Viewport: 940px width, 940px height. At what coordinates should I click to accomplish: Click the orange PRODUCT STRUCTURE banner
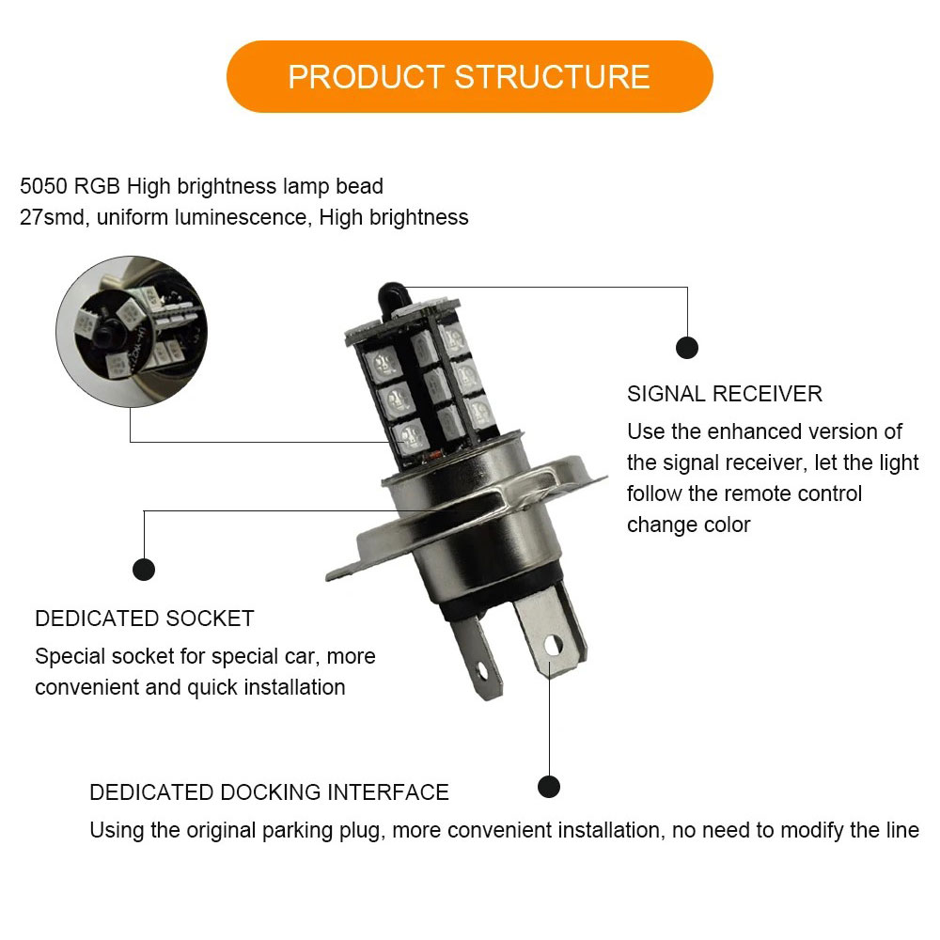(x=469, y=77)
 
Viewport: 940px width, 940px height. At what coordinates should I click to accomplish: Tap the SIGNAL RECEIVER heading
(x=724, y=394)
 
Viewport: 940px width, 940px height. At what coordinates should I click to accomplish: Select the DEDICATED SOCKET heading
(x=145, y=619)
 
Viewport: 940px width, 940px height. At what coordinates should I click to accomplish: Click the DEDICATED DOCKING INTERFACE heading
(x=269, y=791)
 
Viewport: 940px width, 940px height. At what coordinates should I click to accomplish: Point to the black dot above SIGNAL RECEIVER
(x=687, y=348)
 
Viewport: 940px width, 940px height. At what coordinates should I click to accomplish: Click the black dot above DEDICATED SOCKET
(x=144, y=569)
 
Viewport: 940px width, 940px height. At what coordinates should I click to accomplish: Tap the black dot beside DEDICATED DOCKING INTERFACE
(x=549, y=787)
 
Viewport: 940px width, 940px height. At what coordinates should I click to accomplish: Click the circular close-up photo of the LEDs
(x=132, y=332)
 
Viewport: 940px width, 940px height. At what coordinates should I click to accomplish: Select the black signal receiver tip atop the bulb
(x=393, y=297)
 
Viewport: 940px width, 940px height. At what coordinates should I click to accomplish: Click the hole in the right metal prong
(x=553, y=645)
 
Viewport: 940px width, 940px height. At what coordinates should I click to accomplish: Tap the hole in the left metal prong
(x=481, y=670)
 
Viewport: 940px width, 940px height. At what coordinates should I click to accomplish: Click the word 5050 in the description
(x=44, y=186)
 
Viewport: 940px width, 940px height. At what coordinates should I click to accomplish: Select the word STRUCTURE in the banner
(x=552, y=77)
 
